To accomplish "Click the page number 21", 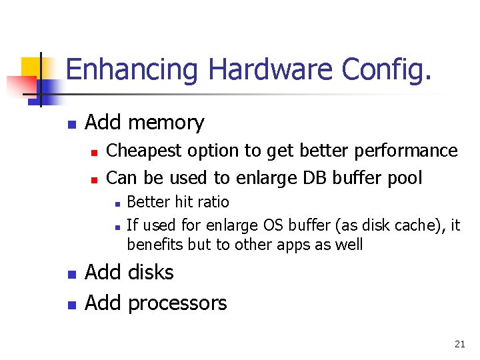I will [459, 344].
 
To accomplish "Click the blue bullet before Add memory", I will [72, 124].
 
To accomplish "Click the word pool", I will [407, 178].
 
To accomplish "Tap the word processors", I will [177, 303].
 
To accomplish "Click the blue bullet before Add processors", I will [72, 305].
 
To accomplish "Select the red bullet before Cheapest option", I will [95, 153].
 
